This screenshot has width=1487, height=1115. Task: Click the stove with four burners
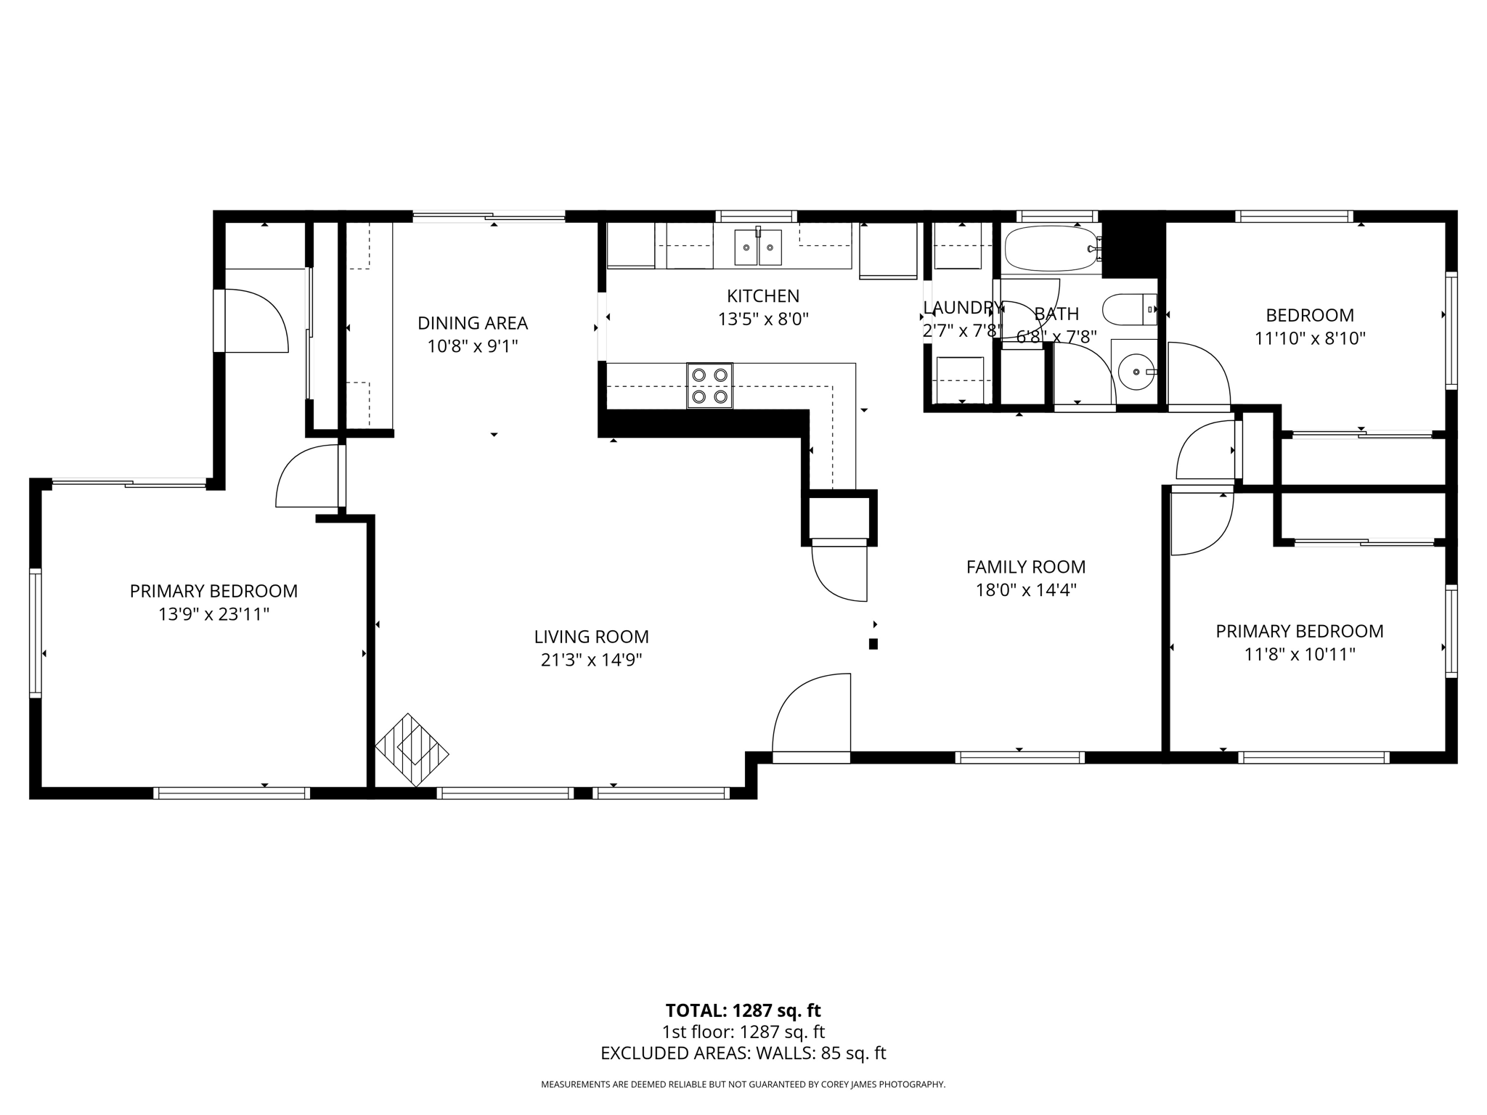[x=709, y=385]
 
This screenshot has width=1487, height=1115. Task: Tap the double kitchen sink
[x=758, y=247]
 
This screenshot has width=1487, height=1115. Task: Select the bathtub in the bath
[x=1051, y=249]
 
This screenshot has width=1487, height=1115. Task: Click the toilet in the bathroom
[x=1128, y=310]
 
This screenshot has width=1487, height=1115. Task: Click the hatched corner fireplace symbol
[x=412, y=750]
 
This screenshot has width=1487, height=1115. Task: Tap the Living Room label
[x=591, y=637]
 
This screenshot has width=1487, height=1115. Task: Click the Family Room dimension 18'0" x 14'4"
[x=1025, y=590]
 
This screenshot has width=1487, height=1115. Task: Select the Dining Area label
[x=473, y=323]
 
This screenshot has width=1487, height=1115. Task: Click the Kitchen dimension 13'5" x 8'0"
[x=763, y=319]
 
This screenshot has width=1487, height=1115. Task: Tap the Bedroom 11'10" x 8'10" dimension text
[x=1310, y=338]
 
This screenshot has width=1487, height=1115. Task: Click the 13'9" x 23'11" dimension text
[x=213, y=615]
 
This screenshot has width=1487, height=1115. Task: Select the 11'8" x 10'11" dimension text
[x=1300, y=655]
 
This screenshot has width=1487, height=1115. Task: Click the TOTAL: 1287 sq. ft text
[x=743, y=1010]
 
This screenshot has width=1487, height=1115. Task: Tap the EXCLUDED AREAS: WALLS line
[x=743, y=1053]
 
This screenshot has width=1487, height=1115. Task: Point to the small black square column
[x=873, y=644]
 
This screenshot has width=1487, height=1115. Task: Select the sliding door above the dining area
[x=489, y=216]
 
